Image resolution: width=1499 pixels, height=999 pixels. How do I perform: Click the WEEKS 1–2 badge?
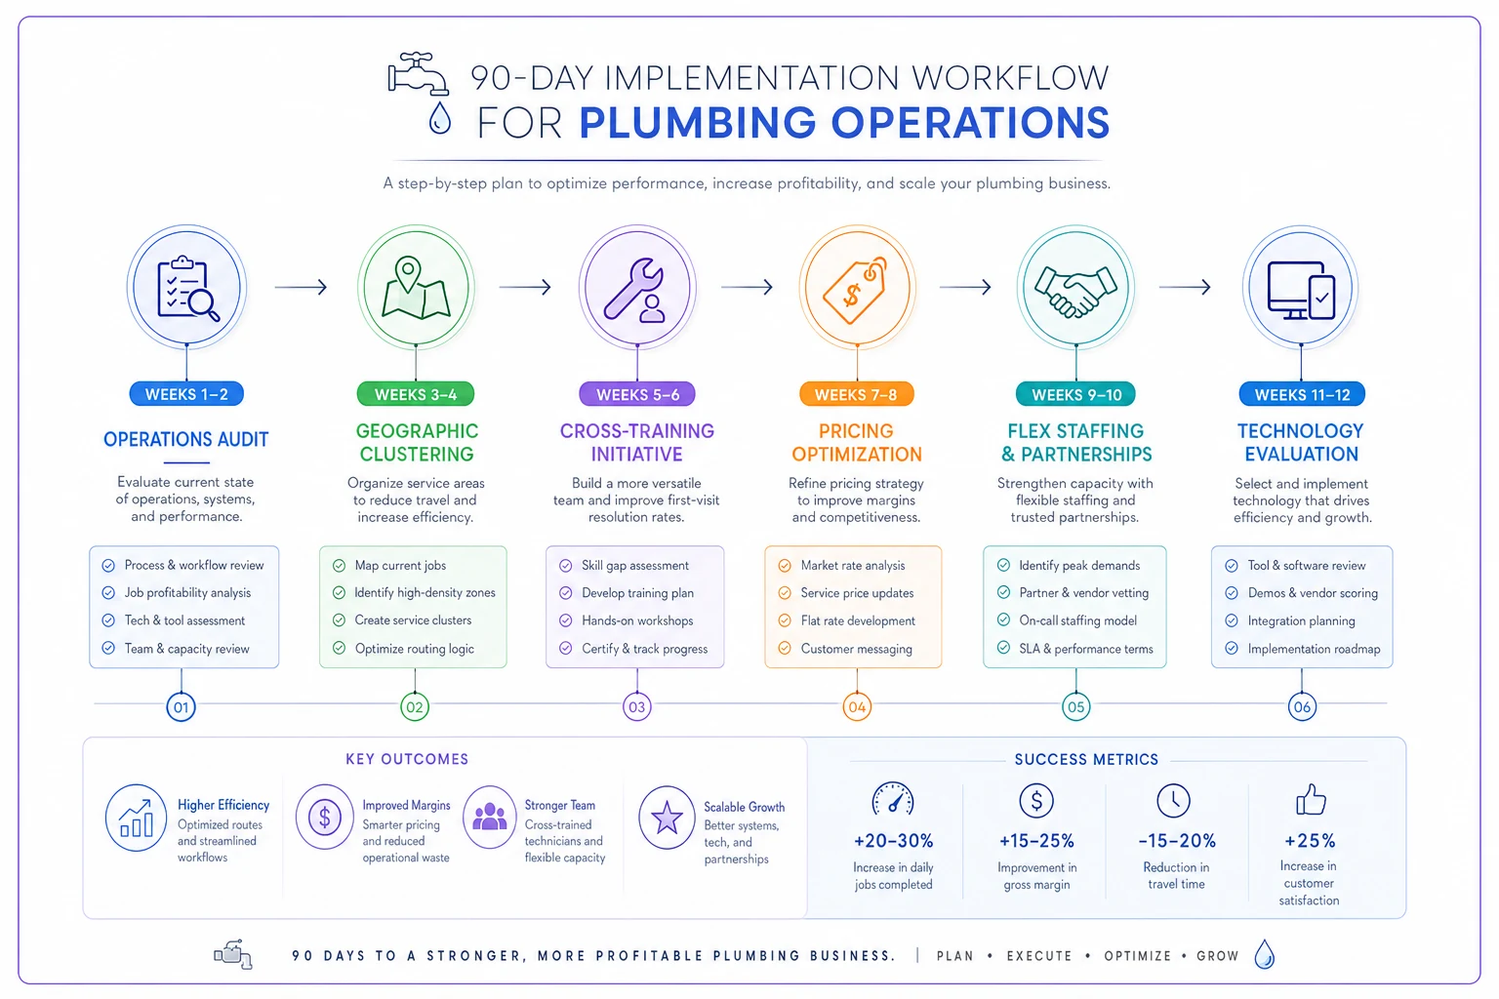pyautogui.click(x=186, y=394)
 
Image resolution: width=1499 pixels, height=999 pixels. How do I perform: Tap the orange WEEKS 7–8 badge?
pyautogui.click(x=856, y=394)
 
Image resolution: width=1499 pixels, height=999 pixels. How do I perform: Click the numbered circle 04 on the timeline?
pyautogui.click(x=857, y=706)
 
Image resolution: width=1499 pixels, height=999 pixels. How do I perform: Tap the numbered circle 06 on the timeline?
pyautogui.click(x=1302, y=706)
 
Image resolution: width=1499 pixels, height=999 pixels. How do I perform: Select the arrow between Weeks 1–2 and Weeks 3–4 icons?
pyautogui.click(x=302, y=287)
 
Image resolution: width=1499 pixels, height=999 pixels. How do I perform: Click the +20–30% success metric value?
pyautogui.click(x=893, y=840)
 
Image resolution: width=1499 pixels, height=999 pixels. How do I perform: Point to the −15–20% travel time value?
pyautogui.click(x=1176, y=840)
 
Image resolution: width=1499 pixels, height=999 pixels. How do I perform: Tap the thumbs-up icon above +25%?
pyautogui.click(x=1311, y=800)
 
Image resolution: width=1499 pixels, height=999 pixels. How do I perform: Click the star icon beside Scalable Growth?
pyautogui.click(x=667, y=817)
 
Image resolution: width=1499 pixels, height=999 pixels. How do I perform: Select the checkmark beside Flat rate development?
pyautogui.click(x=785, y=620)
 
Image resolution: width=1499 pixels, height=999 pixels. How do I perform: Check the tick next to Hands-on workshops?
pyautogui.click(x=565, y=620)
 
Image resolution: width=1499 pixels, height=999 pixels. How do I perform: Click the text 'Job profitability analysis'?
pyautogui.click(x=187, y=593)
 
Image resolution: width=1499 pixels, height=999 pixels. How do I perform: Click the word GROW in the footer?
pyautogui.click(x=1217, y=955)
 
